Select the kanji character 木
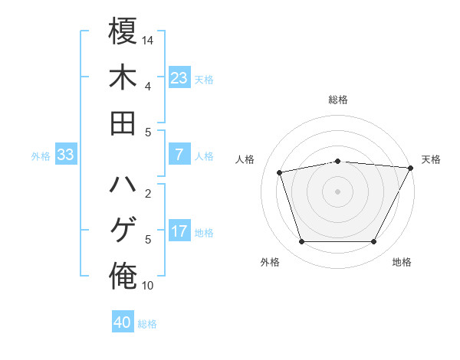[123, 78]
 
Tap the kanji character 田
[123, 123]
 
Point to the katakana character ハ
[123, 187]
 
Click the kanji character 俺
[123, 277]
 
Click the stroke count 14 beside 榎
[148, 38]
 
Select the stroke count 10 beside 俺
[148, 286]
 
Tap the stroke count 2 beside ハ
[148, 193]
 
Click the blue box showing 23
[179, 78]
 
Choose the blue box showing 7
[179, 155]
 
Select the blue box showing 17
[179, 231]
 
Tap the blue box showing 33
[65, 155]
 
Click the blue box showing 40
[123, 322]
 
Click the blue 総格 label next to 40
[147, 324]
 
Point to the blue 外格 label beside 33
[41, 156]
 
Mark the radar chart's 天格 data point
[412, 168]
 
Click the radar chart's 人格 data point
[280, 172]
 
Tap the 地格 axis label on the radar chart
[402, 262]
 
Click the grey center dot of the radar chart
[337, 191]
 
